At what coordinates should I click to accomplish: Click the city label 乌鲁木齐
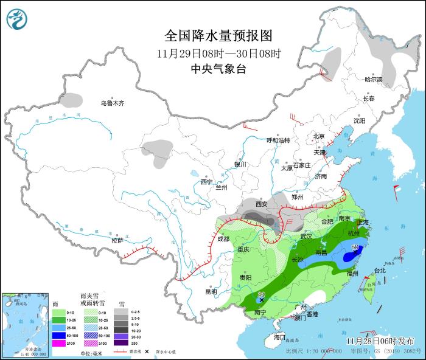(x=113, y=103)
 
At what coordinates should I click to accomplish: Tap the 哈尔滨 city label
(x=373, y=80)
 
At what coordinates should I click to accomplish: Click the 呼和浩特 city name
(x=279, y=140)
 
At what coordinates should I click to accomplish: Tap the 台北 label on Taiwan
(x=379, y=270)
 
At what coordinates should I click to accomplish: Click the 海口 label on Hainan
(x=279, y=337)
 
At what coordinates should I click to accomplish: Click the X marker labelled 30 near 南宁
(x=261, y=300)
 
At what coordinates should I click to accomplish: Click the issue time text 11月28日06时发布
(x=380, y=341)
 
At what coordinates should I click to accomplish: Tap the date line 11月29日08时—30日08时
(x=217, y=53)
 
